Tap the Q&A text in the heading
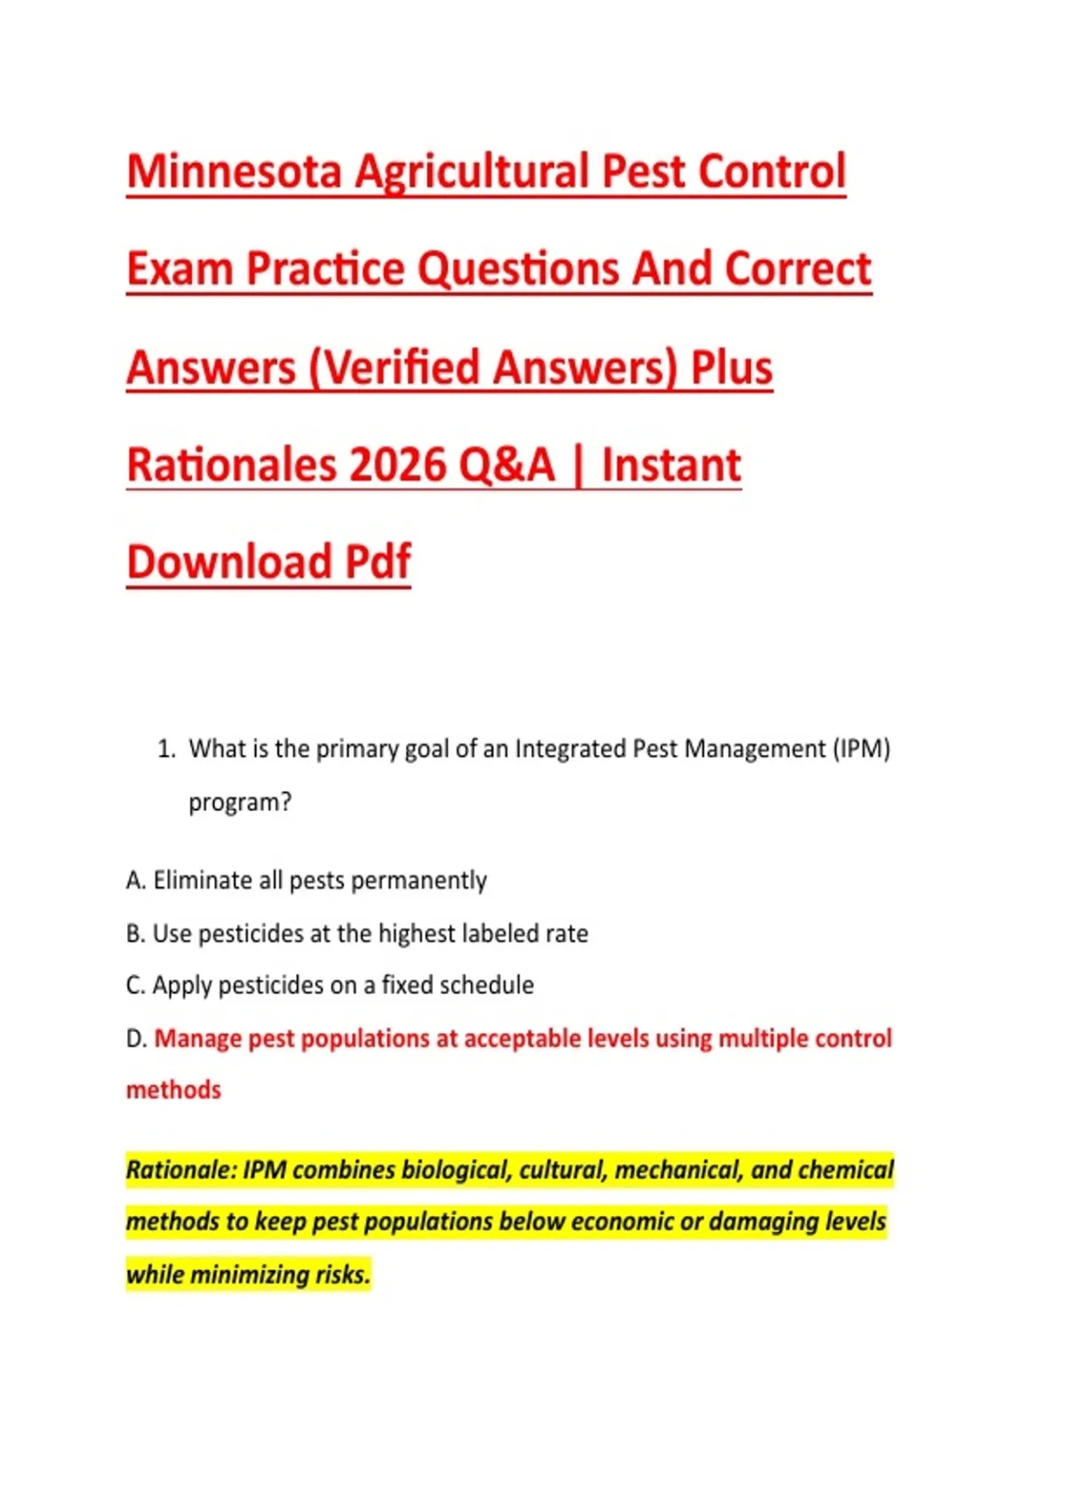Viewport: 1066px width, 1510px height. click(x=506, y=465)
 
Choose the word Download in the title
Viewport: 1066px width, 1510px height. click(x=229, y=561)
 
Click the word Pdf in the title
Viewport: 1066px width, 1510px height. click(x=378, y=561)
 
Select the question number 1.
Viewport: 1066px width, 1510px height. click(x=166, y=749)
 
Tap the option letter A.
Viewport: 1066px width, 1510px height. click(x=136, y=880)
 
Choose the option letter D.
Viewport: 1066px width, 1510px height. click(x=136, y=1039)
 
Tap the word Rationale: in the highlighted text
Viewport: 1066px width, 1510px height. click(x=181, y=1171)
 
